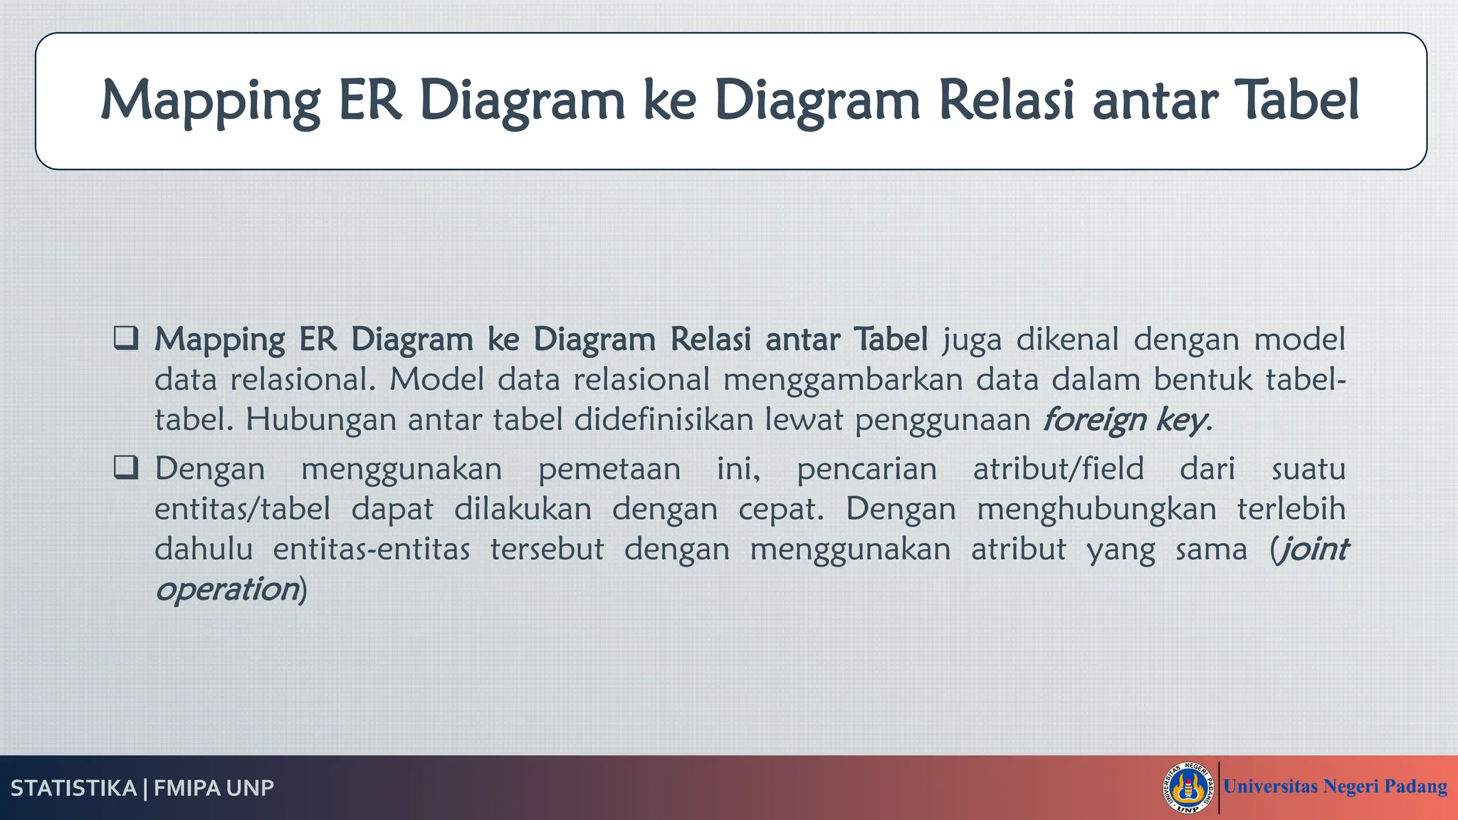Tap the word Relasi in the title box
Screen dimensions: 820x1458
1007,100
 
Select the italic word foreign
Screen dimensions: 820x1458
1094,420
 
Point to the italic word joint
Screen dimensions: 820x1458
1312,550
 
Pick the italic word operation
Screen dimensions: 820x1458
227,589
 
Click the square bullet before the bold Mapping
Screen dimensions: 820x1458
126,338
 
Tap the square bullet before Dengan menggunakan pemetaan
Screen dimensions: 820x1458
126,468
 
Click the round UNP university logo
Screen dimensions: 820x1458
1188,788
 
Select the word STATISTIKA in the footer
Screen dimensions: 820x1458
73,789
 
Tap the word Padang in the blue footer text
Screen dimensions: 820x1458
1415,787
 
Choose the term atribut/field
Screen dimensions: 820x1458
1058,469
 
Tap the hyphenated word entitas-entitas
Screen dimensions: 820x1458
372,550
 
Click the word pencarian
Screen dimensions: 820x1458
866,469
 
